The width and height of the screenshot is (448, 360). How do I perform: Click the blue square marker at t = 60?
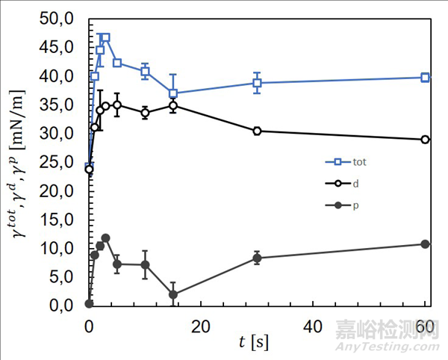pos(425,77)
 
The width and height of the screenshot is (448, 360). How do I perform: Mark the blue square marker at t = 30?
pos(257,83)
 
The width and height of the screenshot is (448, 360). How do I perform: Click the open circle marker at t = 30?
pos(257,131)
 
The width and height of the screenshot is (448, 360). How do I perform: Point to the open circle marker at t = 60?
pos(425,140)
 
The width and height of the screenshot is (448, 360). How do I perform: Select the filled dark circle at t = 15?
pos(173,294)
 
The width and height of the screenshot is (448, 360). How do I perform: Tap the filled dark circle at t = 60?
pos(425,244)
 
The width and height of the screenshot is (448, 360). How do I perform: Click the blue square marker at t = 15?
pos(173,93)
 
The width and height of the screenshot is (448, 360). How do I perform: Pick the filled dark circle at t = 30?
pos(257,258)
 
